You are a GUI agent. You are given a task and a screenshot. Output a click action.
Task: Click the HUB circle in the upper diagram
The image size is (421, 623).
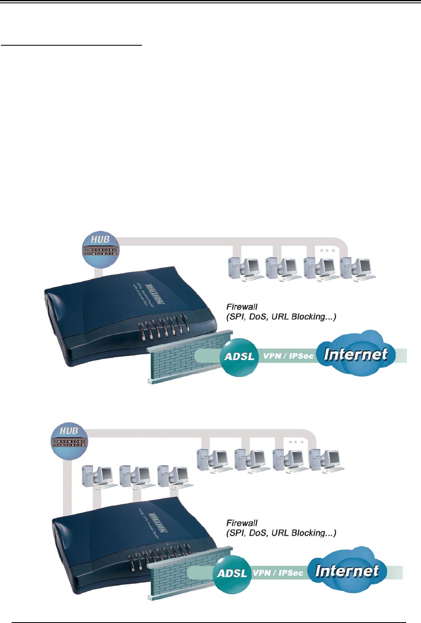100,249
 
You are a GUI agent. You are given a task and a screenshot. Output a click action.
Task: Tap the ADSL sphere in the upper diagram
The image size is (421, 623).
240,357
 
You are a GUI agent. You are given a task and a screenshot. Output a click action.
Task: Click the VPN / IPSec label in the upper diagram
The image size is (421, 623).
288,356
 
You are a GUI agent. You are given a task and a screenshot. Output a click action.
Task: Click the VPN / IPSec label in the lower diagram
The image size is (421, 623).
278,573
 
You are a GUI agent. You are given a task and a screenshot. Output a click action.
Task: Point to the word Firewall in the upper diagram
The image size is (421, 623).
242,307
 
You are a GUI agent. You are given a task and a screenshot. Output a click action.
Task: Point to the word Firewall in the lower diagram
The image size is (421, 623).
242,523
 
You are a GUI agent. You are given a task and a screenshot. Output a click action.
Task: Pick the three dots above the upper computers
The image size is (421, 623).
327,251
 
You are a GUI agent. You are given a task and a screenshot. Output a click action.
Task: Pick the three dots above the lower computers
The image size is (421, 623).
295,442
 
